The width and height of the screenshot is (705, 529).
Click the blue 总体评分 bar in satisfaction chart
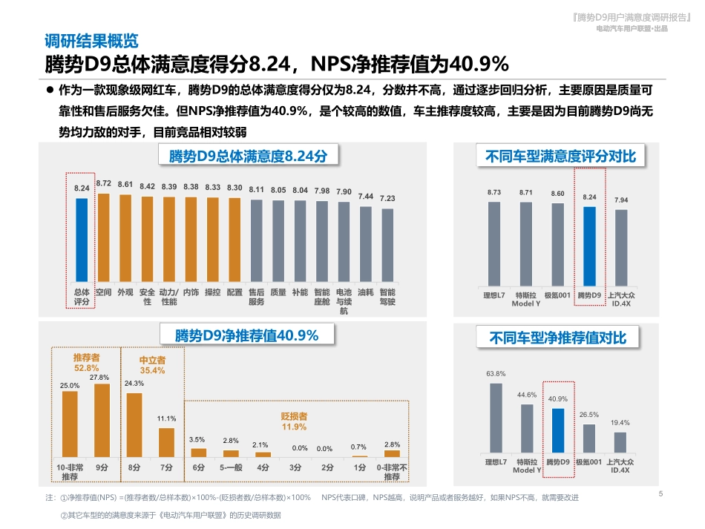click(82, 240)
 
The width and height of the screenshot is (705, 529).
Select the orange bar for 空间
click(103, 238)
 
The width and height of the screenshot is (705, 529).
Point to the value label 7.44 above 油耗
click(365, 197)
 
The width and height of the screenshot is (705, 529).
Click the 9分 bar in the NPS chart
click(102, 420)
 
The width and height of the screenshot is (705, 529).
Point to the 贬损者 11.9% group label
click(294, 421)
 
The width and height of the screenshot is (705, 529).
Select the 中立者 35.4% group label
click(152, 365)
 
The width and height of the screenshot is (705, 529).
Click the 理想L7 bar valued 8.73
click(494, 243)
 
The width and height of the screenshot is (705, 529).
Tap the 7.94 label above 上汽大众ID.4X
click(621, 200)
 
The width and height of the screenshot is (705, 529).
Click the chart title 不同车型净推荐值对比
click(557, 338)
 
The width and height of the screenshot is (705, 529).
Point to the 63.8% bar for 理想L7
click(495, 417)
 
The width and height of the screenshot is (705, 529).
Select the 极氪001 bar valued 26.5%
click(589, 438)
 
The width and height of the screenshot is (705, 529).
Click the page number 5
click(660, 493)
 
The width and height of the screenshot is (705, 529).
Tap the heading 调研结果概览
click(91, 40)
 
